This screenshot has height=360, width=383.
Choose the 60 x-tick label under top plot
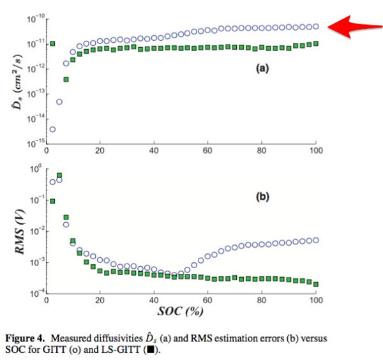207,151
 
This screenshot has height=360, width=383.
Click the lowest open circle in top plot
52,130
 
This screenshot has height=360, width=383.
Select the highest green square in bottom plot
59,176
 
